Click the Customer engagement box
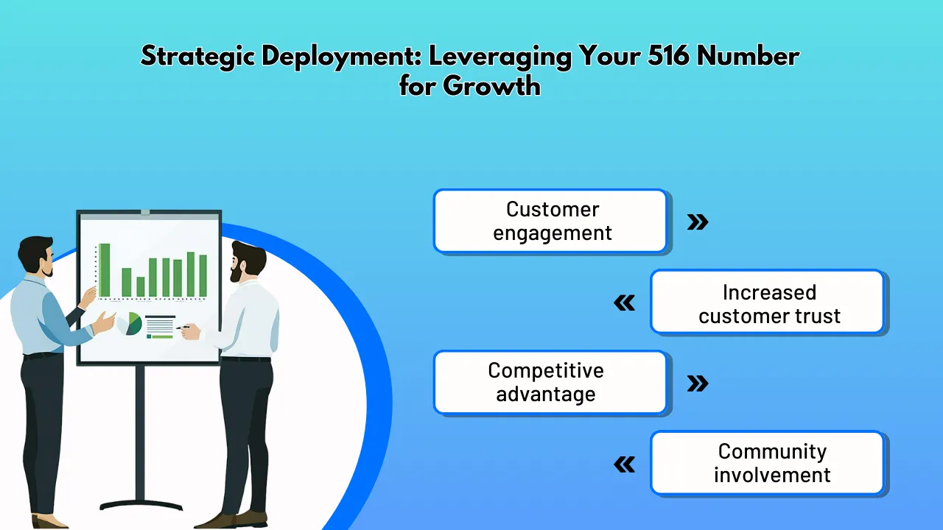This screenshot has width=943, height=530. (551, 221)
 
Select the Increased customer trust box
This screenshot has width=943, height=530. (768, 303)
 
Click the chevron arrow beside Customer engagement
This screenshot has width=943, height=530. (697, 222)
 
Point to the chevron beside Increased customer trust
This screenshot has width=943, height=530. (625, 303)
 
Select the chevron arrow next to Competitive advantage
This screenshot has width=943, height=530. (697, 383)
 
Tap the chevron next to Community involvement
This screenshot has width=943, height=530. (625, 464)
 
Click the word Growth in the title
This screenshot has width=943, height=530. (492, 86)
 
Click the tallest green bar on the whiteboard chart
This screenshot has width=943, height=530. (105, 269)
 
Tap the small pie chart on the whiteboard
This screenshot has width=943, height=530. (131, 323)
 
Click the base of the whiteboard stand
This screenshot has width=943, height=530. (140, 505)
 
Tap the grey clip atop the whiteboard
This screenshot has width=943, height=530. (145, 212)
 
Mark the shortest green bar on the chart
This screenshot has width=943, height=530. (141, 286)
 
